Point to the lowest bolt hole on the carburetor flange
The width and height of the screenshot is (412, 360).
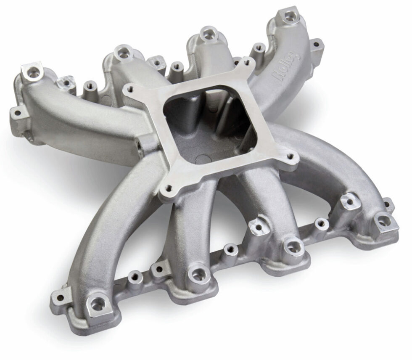click(x=169, y=188)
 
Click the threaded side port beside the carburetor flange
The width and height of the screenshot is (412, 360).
click(x=138, y=146)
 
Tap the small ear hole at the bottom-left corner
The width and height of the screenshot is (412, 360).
click(x=61, y=298)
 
